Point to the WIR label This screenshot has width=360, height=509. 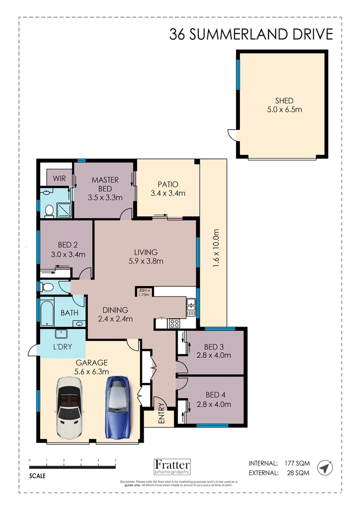[59, 179]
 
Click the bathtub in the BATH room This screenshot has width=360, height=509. [47, 312]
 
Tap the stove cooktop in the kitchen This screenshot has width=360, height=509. [174, 323]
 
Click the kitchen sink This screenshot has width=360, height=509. [191, 307]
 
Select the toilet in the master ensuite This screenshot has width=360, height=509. [48, 211]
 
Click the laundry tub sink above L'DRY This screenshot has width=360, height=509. [62, 335]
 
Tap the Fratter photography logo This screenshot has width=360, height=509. [172, 467]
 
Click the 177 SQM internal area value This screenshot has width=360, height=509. [296, 463]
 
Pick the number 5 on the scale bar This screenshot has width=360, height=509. [115, 460]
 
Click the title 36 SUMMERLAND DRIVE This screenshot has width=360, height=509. [251, 34]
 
